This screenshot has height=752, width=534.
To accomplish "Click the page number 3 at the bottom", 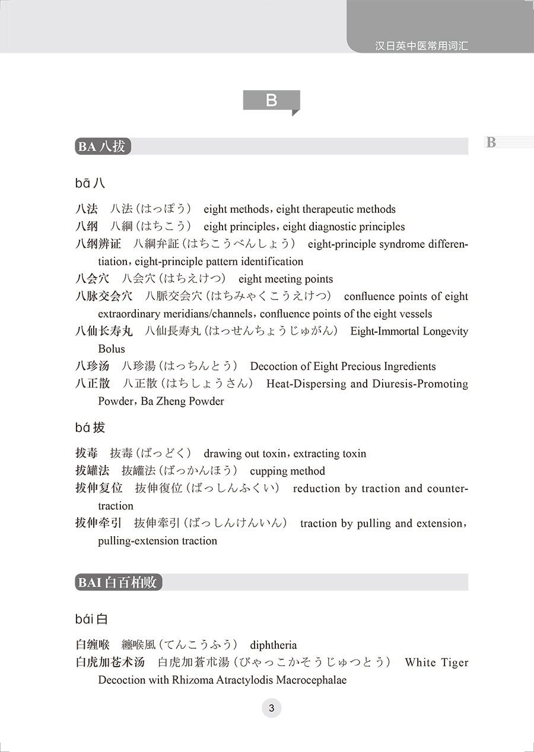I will pos(271,708).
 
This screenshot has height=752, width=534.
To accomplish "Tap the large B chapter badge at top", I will pos(271,100).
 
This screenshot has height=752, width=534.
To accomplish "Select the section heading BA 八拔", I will pos(103,146).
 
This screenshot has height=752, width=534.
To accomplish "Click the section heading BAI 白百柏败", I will pos(119,582).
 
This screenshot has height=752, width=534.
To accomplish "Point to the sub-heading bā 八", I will pos(90,183).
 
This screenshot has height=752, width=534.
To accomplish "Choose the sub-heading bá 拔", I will pos(90,428).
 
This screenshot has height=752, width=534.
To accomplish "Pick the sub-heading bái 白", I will pos(92,620).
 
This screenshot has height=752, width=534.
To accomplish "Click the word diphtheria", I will pos(274,645).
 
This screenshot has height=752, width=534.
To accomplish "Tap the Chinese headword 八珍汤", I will pos(92,367).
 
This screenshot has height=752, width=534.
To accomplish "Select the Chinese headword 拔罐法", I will pos(92,471).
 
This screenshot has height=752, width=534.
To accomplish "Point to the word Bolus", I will pos(112,349).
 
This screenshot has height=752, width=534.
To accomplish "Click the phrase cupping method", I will pos(288,471).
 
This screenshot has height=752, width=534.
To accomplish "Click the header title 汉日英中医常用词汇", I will pos(422,45).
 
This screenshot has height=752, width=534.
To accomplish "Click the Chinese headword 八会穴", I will pos(92,279).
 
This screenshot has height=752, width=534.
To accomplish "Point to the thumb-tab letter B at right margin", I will pos(491,142).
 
